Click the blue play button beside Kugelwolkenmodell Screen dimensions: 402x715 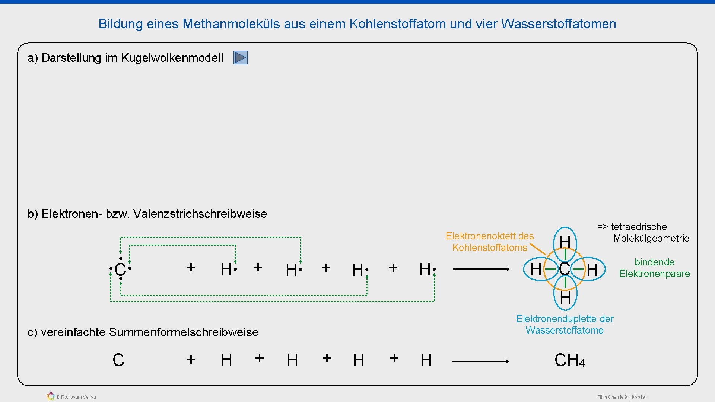click(x=241, y=58)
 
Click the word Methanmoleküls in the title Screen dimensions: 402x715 click(x=232, y=24)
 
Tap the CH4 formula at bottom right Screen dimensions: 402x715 click(x=569, y=360)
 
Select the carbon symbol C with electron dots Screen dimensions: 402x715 click(x=120, y=269)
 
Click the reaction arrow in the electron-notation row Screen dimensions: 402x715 click(x=481, y=269)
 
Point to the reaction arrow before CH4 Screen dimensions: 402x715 click(x=480, y=361)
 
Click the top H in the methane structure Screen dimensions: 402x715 click(x=565, y=242)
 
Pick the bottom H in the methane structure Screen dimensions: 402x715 click(x=565, y=297)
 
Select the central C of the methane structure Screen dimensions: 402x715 click(x=564, y=269)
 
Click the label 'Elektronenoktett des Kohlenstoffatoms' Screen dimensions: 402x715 click(x=489, y=242)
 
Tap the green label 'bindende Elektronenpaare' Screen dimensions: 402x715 click(x=654, y=268)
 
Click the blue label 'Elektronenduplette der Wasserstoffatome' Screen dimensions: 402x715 click(x=565, y=324)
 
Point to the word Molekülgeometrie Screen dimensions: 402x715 click(x=651, y=238)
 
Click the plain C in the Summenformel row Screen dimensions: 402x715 click(x=118, y=360)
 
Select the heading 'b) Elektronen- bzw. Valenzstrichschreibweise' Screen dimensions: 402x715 click(x=147, y=214)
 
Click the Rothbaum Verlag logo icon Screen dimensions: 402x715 click(x=51, y=396)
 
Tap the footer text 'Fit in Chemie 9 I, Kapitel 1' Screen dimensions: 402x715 click(x=623, y=397)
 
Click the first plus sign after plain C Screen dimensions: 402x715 click(x=191, y=360)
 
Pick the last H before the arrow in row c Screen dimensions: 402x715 click(x=426, y=360)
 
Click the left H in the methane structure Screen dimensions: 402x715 click(x=536, y=269)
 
